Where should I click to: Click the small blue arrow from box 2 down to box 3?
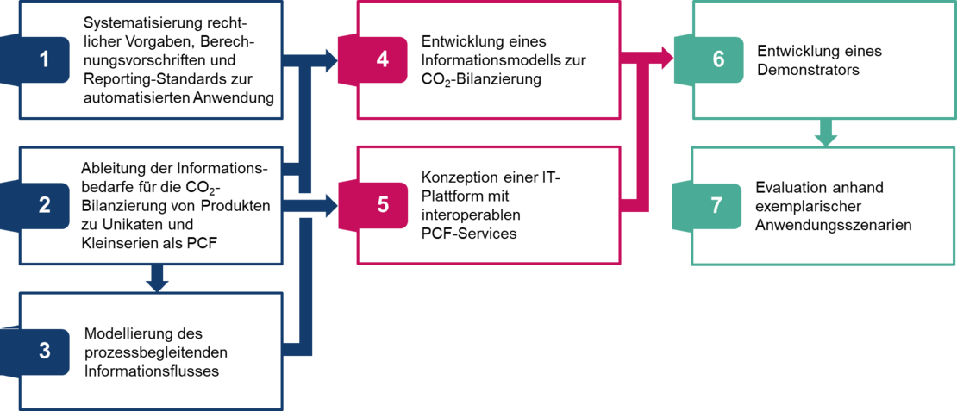[156, 278]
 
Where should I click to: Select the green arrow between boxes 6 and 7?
[826, 133]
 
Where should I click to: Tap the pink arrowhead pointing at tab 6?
[666, 59]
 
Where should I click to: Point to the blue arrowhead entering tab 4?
[329, 60]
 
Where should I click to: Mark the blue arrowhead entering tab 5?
[329, 206]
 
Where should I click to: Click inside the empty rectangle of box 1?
[172, 59]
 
